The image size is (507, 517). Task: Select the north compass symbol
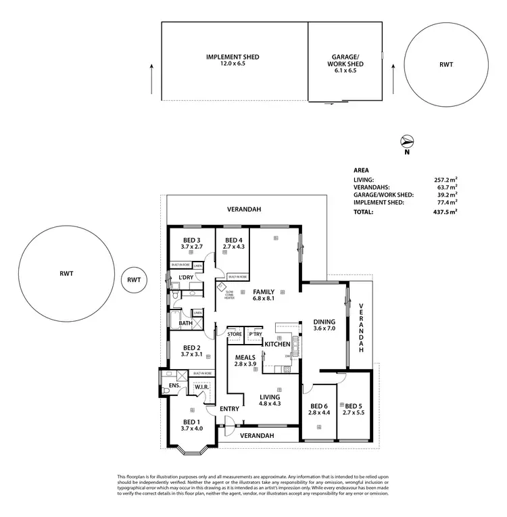click(x=407, y=142)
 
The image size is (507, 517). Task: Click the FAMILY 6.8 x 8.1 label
click(x=266, y=294)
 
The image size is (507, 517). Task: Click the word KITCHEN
click(x=277, y=345)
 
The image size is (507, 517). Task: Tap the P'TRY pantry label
click(x=256, y=334)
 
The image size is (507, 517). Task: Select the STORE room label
click(x=235, y=334)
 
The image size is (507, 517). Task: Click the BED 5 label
click(x=353, y=408)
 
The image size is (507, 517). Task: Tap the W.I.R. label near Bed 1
click(x=201, y=387)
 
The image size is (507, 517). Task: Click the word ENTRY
click(x=230, y=409)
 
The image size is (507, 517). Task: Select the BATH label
click(x=185, y=324)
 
